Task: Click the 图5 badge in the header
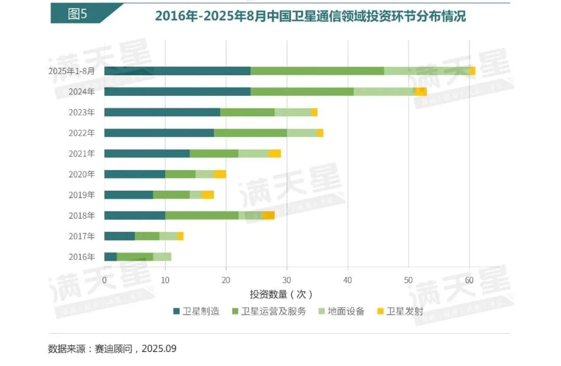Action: point(77,14)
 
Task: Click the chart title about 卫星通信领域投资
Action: point(310,16)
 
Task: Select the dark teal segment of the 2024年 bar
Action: point(177,92)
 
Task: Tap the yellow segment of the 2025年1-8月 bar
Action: point(472,71)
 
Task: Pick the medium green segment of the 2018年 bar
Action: point(202,216)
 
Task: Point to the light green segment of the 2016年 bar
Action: point(162,257)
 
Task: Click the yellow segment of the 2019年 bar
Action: point(208,195)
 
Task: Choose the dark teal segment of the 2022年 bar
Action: point(159,133)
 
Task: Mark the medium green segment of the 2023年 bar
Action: point(247,112)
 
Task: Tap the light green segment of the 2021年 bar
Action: point(253,153)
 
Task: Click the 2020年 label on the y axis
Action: point(82,174)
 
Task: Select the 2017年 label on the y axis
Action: point(82,236)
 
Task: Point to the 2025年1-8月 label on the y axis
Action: point(72,71)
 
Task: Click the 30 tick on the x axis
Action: point(287,280)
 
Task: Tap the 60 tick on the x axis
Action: point(469,280)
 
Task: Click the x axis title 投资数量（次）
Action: point(281,294)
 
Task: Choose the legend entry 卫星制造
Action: point(196,312)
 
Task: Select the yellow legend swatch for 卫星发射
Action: point(380,312)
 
